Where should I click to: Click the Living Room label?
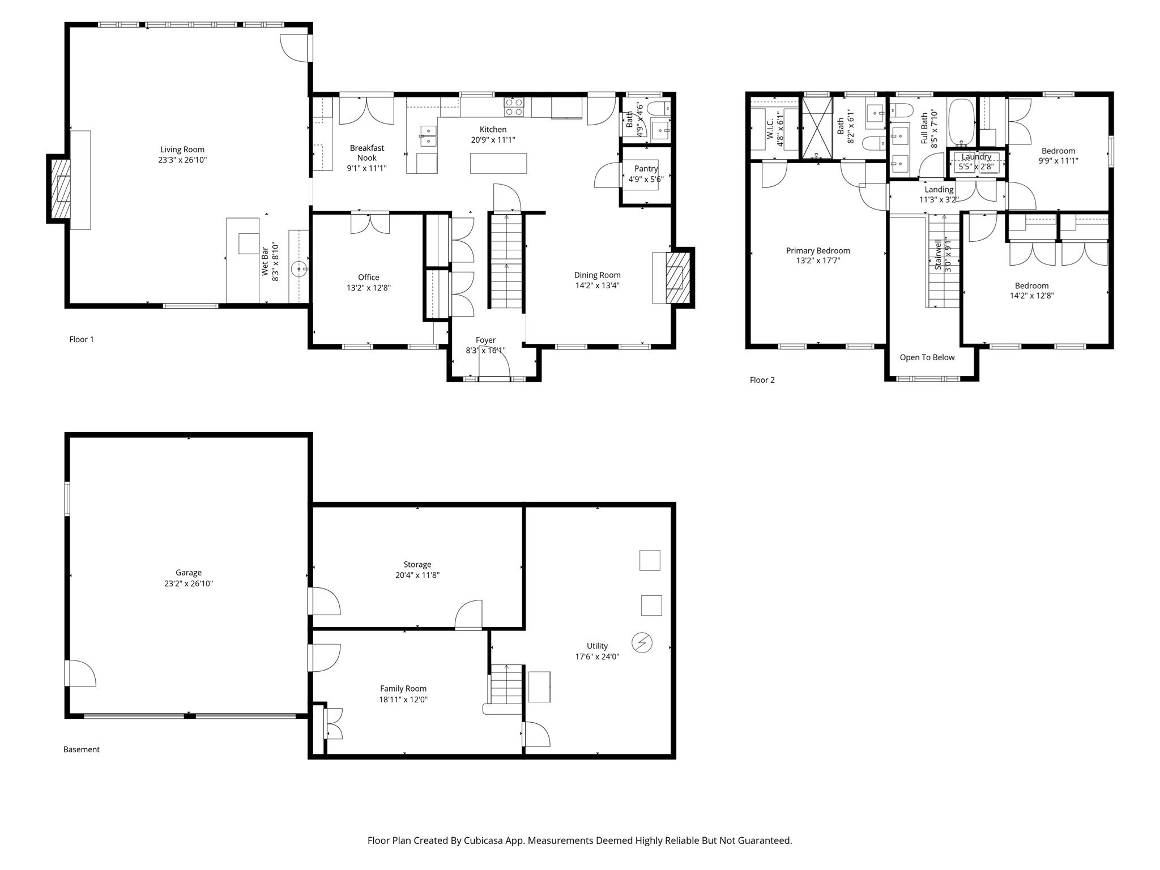[182, 150]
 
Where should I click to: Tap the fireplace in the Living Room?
[60, 189]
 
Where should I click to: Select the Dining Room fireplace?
[677, 278]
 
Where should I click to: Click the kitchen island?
[498, 163]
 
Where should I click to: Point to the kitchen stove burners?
[514, 107]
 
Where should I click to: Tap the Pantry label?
[646, 169]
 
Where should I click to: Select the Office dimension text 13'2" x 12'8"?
[369, 288]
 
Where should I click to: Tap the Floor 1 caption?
[82, 339]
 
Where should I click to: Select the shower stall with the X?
[817, 129]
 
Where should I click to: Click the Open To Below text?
[927, 357]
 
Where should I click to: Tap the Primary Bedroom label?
[818, 250]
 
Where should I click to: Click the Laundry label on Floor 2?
[976, 157]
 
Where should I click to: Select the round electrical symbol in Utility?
[642, 642]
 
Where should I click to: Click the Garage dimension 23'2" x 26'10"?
[189, 583]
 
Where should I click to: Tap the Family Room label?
[403, 689]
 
